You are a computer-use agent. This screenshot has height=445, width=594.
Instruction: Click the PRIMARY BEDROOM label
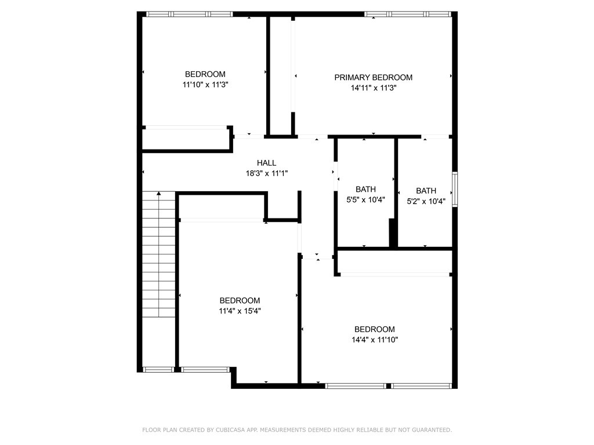373,78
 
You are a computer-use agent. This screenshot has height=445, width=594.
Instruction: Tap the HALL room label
266,163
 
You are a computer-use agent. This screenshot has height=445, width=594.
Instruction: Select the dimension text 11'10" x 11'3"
205,85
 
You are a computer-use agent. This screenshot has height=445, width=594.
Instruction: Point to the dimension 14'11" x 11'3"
374,88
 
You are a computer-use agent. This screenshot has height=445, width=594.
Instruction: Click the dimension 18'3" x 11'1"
267,174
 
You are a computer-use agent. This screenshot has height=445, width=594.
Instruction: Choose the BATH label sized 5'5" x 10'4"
365,189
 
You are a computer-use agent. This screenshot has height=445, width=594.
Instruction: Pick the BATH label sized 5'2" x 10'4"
426,191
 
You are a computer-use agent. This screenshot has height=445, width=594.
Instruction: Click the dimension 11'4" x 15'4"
240,311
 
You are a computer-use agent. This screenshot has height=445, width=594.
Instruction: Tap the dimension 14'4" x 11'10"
375,340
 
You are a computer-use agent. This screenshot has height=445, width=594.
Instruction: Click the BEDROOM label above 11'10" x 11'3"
205,74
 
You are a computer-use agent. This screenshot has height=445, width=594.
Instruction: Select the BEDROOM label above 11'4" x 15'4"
240,301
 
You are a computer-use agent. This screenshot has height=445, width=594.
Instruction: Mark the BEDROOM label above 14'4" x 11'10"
375,329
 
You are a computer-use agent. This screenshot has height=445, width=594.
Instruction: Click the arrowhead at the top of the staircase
159,194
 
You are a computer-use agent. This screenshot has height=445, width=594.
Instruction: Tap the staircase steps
159,254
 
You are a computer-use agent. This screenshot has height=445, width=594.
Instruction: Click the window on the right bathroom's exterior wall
455,189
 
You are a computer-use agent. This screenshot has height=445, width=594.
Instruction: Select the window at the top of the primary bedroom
408,14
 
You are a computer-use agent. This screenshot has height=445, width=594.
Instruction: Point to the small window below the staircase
158,370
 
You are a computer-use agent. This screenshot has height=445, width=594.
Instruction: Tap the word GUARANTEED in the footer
432,430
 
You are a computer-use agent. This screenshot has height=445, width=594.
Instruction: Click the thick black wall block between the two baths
393,233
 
